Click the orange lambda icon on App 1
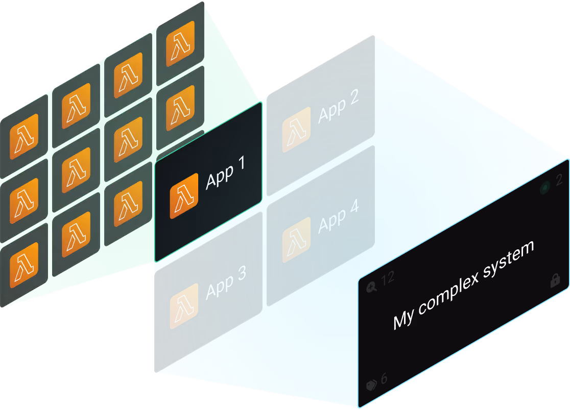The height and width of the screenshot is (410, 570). (184, 196)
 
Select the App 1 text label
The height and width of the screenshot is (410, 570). (225, 173)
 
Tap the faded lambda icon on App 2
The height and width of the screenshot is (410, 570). (297, 130)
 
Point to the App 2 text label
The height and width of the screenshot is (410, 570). (339, 106)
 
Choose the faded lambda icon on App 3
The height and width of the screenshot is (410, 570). (184, 306)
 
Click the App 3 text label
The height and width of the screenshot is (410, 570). (226, 283)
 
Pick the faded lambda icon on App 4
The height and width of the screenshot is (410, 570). (297, 240)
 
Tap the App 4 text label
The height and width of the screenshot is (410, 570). (339, 216)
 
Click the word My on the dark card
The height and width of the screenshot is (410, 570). (403, 319)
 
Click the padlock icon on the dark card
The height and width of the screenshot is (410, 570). (555, 280)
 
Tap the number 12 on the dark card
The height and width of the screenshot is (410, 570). (388, 278)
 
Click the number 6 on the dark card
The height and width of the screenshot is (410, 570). (384, 378)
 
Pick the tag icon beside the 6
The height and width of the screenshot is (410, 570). (371, 385)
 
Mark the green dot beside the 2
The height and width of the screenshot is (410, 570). (545, 188)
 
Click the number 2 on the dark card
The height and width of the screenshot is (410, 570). (559, 180)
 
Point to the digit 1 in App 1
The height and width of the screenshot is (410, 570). (242, 163)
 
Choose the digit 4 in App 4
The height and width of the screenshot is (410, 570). (354, 206)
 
